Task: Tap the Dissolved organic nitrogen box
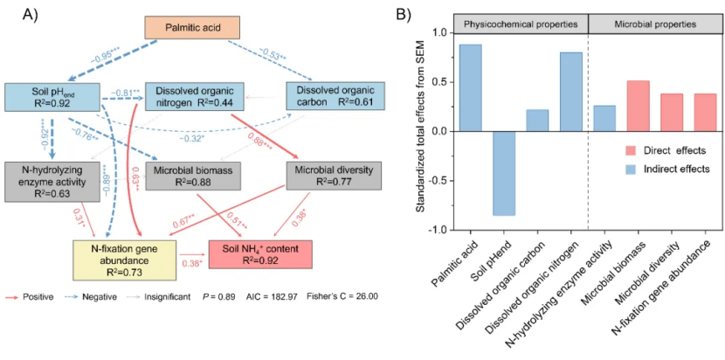[x=194, y=97]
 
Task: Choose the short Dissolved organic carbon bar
[x=537, y=121]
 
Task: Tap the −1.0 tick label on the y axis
[x=437, y=230]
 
